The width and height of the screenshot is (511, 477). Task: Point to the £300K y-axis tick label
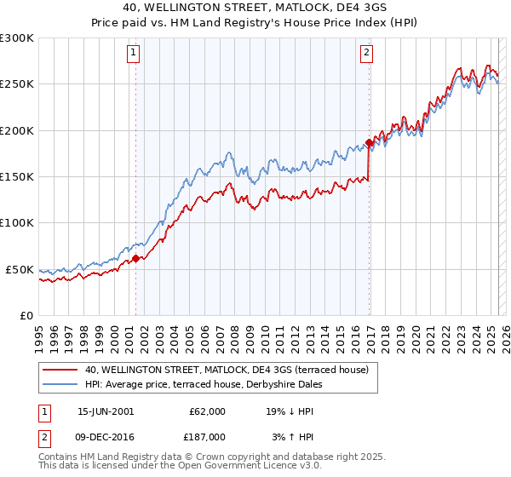[17, 38]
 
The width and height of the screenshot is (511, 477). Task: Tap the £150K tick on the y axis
[17, 176]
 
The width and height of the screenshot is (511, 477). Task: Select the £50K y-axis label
[20, 269]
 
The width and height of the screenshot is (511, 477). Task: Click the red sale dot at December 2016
[369, 142]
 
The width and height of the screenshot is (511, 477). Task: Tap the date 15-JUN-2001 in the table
[106, 411]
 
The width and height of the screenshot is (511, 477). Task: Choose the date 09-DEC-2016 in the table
[106, 436]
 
